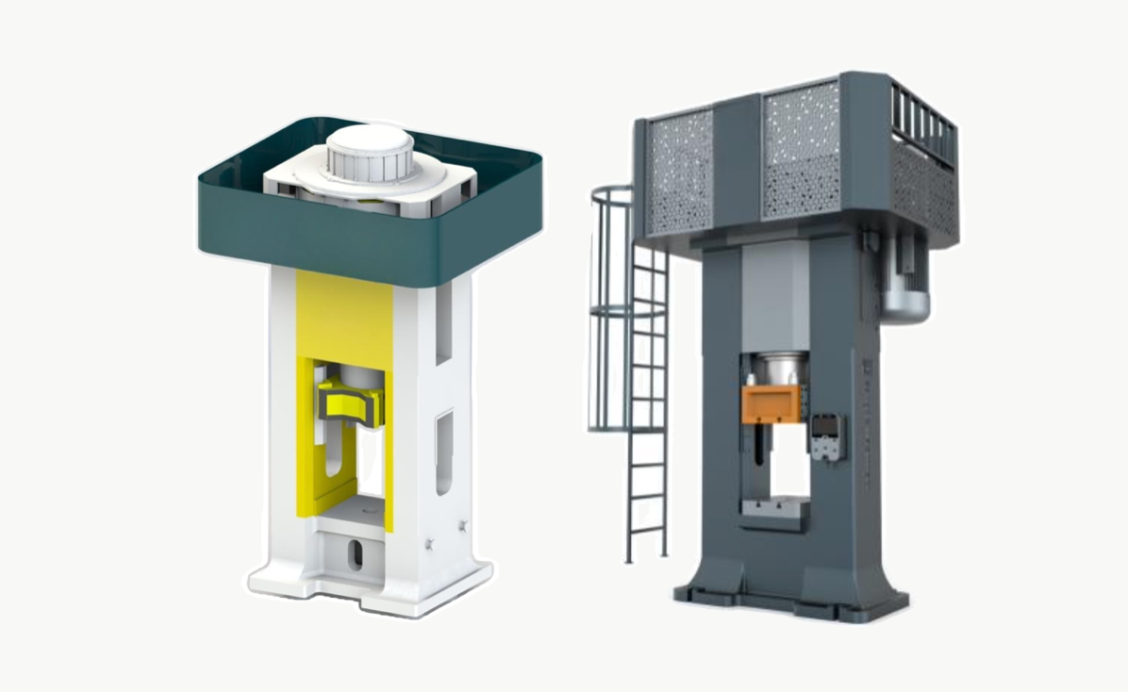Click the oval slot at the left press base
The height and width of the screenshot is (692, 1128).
[x=356, y=553]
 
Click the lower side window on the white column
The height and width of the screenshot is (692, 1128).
[x=443, y=451]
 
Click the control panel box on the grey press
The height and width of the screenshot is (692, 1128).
[x=827, y=437]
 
